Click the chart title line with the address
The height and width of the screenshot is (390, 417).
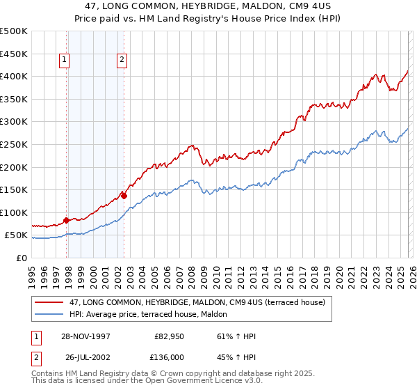[x=208, y=6]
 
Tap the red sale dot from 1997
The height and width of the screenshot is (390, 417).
[x=67, y=220]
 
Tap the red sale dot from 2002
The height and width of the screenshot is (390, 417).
[x=124, y=196]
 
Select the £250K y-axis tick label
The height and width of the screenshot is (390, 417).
[x=14, y=144]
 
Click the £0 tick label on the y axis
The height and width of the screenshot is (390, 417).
[x=21, y=258]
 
